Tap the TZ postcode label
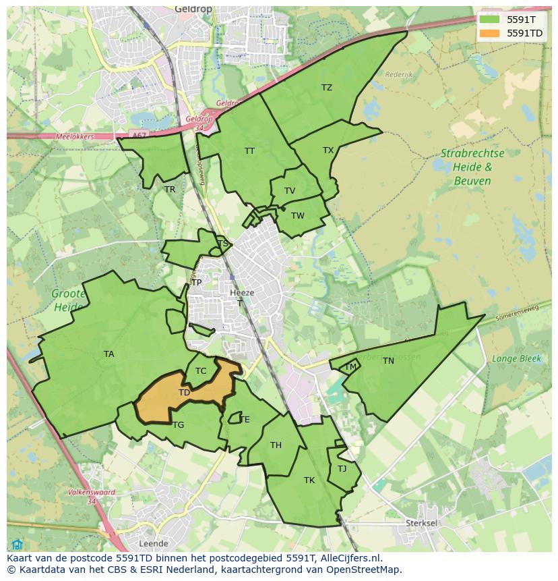tap(327, 88)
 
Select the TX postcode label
tap(328, 150)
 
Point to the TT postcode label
tap(249, 151)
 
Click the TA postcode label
tap(108, 354)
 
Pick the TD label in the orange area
tap(184, 392)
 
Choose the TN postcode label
tap(388, 361)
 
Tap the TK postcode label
tap(309, 480)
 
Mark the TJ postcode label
tap(342, 469)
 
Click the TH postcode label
tap(276, 445)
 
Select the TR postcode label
tap(170, 190)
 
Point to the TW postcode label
tap(298, 216)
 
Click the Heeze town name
tap(242, 293)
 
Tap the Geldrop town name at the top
tap(193, 9)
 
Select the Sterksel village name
tap(423, 523)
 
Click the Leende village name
tap(152, 543)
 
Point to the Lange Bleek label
tap(516, 359)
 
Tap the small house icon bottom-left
tap(18, 545)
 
